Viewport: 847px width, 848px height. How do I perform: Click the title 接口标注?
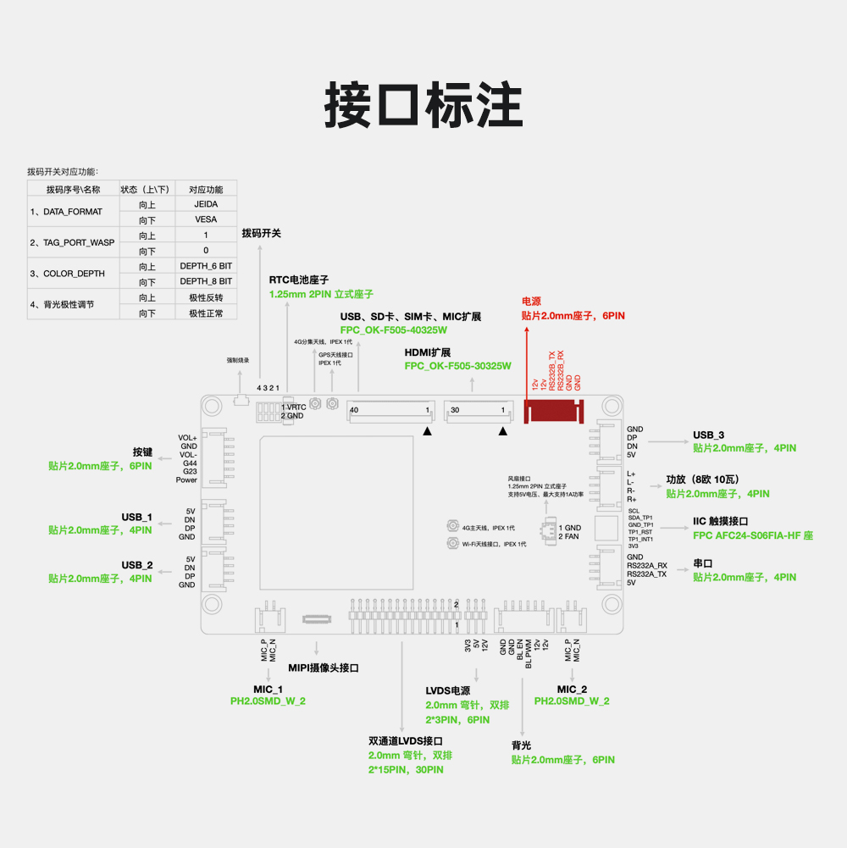(423, 106)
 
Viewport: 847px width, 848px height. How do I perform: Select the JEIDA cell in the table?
(206, 204)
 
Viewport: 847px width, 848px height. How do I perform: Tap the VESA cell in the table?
(206, 219)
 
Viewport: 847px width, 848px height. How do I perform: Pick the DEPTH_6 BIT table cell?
(206, 266)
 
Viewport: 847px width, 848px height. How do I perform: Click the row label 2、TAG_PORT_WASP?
(72, 242)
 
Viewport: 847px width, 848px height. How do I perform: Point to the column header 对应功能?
(206, 189)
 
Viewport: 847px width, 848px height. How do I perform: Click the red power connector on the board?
(555, 411)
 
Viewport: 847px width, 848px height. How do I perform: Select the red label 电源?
(531, 301)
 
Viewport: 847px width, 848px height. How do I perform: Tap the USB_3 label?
(708, 435)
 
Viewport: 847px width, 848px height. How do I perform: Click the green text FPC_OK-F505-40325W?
(394, 330)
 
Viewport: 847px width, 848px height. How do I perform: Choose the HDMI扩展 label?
(428, 352)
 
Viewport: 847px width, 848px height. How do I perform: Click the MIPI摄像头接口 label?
(324, 668)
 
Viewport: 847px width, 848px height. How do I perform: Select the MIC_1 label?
(268, 689)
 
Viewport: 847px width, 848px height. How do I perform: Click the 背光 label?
(521, 745)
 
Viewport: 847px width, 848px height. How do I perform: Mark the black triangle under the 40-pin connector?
(428, 431)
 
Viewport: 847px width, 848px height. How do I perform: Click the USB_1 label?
(136, 517)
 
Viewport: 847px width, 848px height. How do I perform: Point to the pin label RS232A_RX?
(647, 565)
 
